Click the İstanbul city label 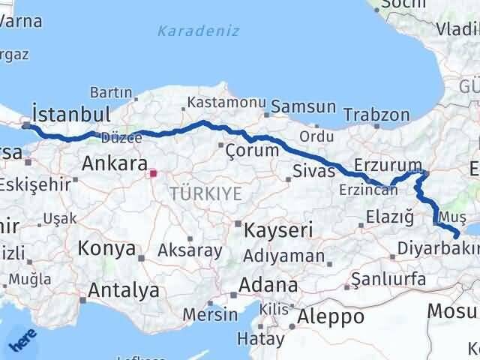71,115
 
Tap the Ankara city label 114,163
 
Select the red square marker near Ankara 153,173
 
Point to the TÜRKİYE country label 205,193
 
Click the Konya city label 107,248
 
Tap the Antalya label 124,290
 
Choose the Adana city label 268,286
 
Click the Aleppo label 330,316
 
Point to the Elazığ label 389,217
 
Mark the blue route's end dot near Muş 457,237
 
